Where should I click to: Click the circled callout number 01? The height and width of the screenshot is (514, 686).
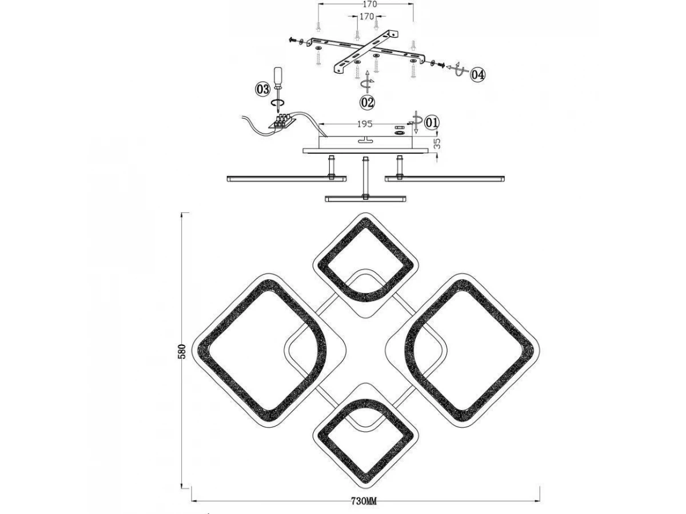pyautogui.click(x=432, y=123)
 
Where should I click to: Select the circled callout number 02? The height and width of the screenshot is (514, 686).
pyautogui.click(x=367, y=102)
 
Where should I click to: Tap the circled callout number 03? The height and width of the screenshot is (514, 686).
pyautogui.click(x=262, y=90)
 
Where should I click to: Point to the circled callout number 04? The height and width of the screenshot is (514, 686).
pyautogui.click(x=478, y=75)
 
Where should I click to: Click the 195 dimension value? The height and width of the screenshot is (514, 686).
pyautogui.click(x=365, y=124)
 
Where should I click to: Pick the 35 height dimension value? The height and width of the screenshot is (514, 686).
pyautogui.click(x=437, y=143)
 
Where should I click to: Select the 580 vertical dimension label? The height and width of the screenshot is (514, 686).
pyautogui.click(x=183, y=351)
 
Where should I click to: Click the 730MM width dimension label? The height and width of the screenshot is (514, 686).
pyautogui.click(x=364, y=501)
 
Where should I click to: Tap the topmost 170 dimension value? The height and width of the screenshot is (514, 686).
pyautogui.click(x=370, y=5)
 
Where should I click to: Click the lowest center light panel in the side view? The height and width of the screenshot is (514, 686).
pyautogui.click(x=365, y=199)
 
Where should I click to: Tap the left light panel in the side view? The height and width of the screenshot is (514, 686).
pyautogui.click(x=286, y=179)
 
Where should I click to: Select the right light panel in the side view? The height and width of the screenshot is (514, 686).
pyautogui.click(x=445, y=179)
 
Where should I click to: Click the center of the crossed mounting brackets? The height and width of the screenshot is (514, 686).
pyautogui.click(x=366, y=50)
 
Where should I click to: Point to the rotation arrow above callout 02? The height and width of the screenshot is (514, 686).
pyautogui.click(x=367, y=82)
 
